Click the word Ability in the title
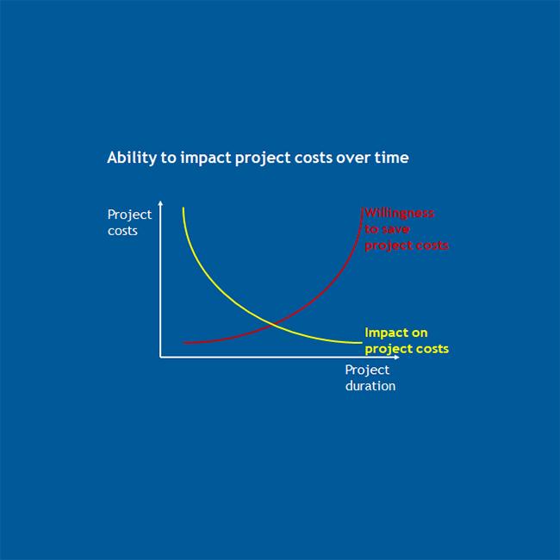coord(125,159)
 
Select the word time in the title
coord(392,159)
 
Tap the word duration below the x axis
coord(370,386)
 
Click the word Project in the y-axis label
coord(129,215)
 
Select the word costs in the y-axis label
coord(122,230)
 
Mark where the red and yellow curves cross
coord(273,325)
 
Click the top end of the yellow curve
coord(183,208)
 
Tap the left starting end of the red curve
coord(184,343)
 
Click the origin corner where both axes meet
coord(160,356)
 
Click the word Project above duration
coord(367,370)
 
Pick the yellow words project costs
coord(407,349)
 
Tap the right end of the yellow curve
coord(361,343)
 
